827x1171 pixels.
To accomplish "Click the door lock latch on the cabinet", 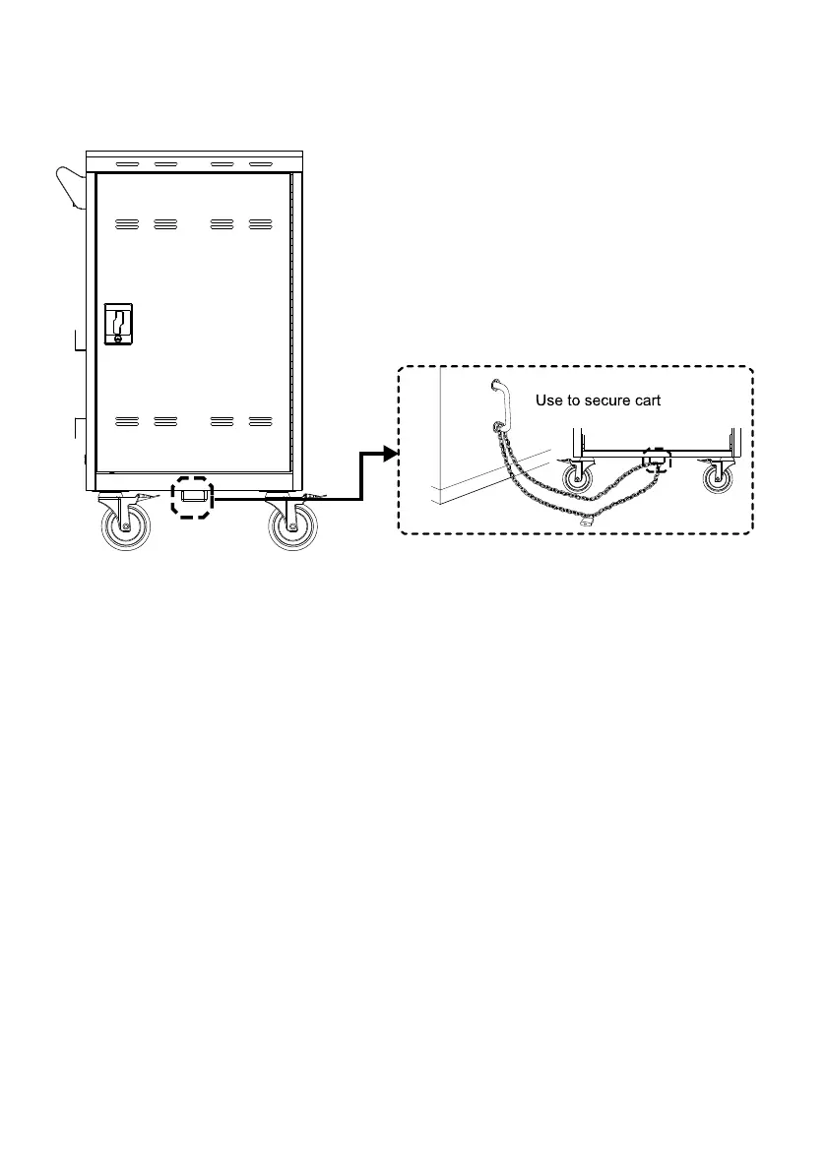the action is (x=118, y=325).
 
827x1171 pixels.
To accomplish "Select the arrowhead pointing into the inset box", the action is (x=389, y=453).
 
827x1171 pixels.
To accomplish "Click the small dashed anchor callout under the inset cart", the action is (x=655, y=460).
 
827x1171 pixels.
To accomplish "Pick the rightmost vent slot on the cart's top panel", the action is (x=260, y=164).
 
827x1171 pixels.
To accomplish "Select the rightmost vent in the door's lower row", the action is (x=260, y=421).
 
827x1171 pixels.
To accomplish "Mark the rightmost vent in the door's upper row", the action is (x=260, y=224).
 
